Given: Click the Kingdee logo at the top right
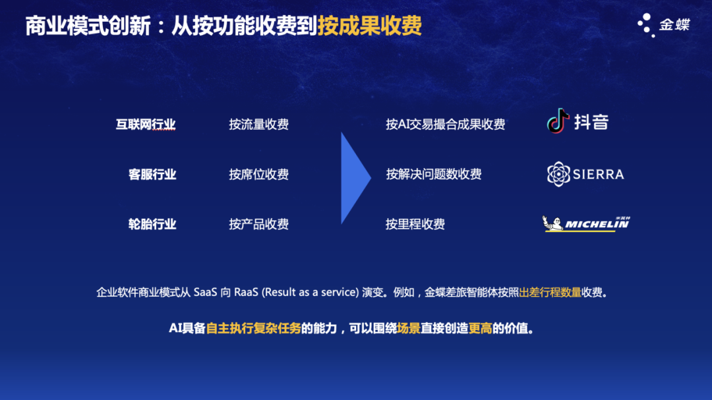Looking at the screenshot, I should click(663, 25).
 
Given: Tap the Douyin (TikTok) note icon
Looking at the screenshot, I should click(558, 121).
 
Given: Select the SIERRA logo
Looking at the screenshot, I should click(585, 174).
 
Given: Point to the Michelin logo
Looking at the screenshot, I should click(585, 224).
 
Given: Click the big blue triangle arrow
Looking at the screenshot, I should click(355, 178).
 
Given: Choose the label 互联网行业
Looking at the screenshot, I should click(146, 124).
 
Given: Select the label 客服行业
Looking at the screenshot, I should click(152, 174).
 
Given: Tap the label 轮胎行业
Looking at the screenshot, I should click(152, 224).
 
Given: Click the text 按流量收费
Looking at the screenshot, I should click(258, 124).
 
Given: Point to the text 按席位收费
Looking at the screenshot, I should click(258, 174).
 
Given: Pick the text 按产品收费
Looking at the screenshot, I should click(258, 224).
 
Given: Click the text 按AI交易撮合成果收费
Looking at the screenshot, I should click(445, 124).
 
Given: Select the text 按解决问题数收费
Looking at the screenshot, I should click(433, 174).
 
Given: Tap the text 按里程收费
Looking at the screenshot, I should click(415, 224).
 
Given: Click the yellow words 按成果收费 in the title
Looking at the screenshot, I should click(369, 26).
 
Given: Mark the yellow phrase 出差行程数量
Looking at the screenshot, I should click(550, 293).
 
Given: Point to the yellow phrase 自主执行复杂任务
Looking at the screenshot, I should click(253, 328).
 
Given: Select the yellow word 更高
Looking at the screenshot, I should click(480, 328).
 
